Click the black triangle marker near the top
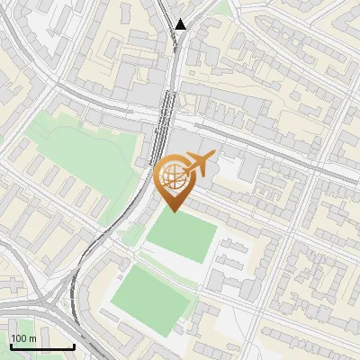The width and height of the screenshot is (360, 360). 182,24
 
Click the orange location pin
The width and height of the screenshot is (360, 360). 175,179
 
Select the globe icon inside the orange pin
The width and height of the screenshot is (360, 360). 175,179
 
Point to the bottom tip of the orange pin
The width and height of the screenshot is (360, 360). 175,212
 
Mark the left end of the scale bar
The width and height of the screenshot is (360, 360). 11,346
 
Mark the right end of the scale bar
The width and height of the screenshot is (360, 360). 74,346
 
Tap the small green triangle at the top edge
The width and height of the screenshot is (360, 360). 221,7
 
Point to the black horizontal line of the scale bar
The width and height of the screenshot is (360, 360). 42,346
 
